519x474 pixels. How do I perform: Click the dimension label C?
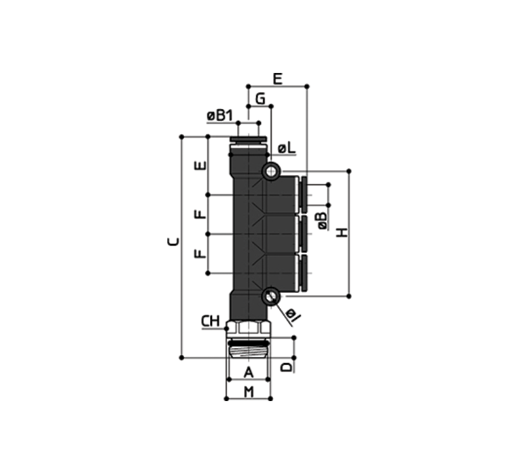pos(174,242)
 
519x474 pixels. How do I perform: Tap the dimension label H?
pos(343,232)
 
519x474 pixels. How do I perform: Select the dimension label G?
pos(261,99)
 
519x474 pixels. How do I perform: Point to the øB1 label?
pos(220,116)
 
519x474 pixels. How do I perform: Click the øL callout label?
pos(287,149)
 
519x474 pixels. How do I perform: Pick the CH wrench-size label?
pos(211,321)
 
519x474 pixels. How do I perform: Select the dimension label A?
pos(249,372)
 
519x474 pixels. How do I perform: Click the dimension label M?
pos(249,392)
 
